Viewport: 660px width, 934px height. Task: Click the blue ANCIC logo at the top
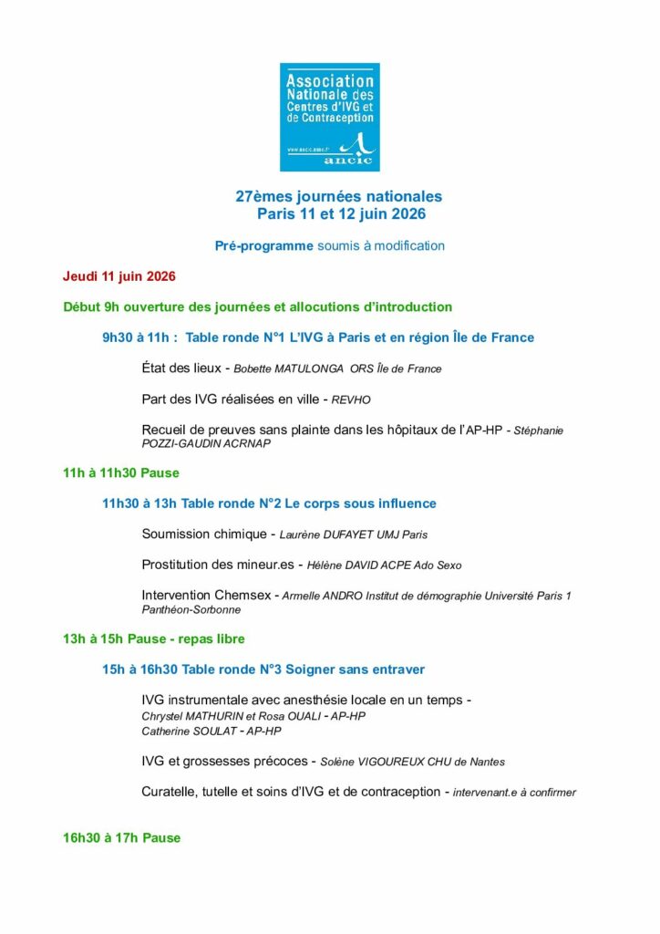[329, 117]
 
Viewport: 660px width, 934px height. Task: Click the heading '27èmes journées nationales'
[338, 196]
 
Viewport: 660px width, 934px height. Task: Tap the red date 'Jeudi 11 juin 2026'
[119, 275]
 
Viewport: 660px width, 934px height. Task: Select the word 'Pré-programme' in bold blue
[263, 245]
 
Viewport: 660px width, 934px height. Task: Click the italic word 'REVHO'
[352, 399]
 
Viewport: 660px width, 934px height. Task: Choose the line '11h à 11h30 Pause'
[121, 472]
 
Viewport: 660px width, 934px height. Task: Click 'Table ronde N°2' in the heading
[230, 503]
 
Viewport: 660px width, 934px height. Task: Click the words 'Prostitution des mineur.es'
[219, 565]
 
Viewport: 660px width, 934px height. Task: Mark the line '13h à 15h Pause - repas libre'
[154, 638]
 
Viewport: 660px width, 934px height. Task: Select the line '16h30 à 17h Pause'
[122, 837]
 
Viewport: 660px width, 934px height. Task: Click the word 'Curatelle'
[168, 792]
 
